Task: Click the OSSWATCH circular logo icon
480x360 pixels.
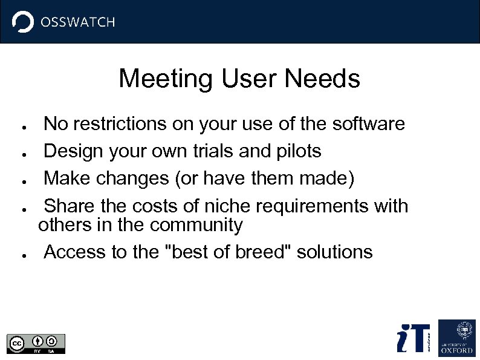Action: (x=23, y=22)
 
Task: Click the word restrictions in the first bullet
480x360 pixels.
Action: (x=119, y=124)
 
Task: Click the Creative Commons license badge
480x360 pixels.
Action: (x=36, y=343)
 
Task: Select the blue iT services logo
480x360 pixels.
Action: (x=413, y=338)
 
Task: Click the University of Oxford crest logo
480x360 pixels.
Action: (x=456, y=338)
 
